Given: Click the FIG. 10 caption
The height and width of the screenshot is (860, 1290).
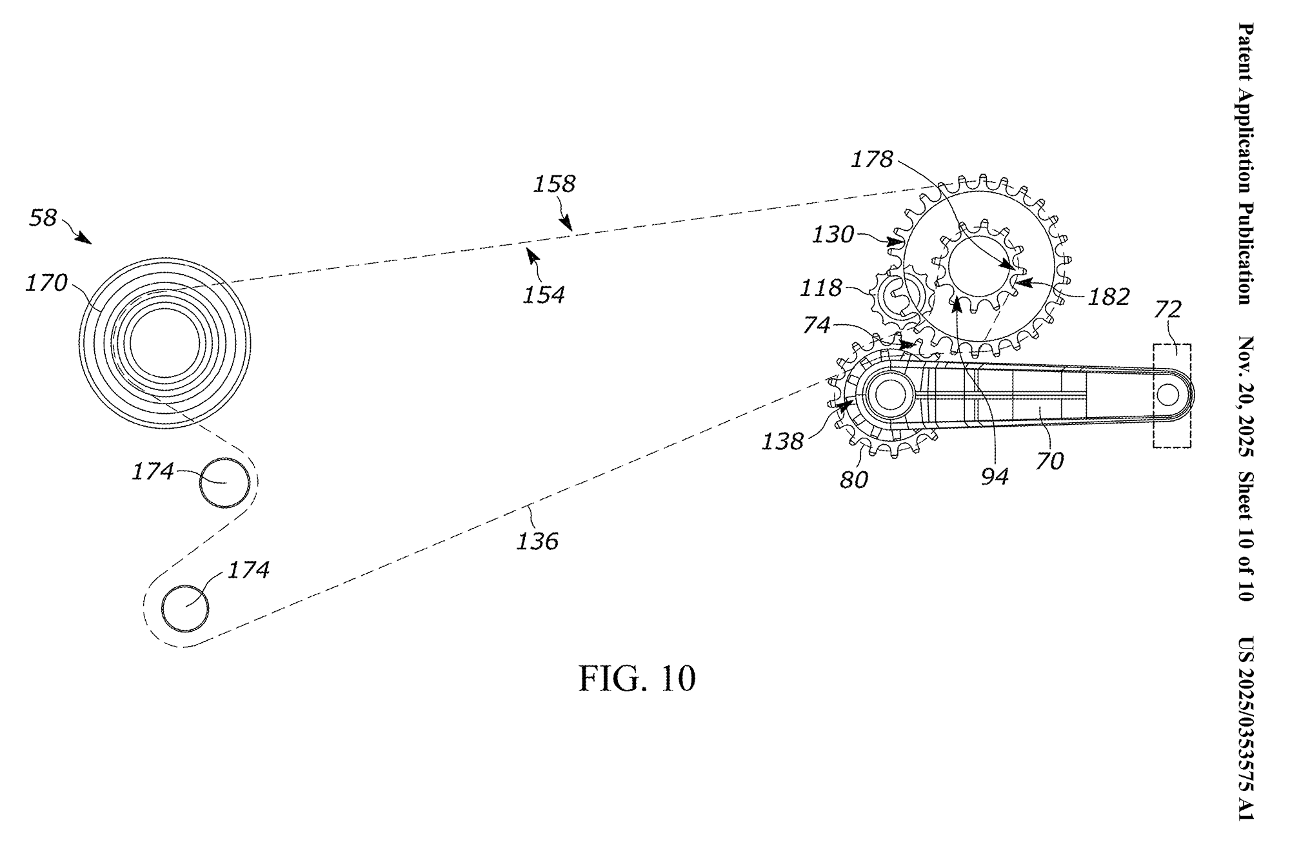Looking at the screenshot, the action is pos(637,679).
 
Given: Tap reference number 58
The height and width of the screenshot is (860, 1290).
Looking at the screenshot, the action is pos(43,218).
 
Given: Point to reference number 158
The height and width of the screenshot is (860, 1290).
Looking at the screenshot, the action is pos(554,184).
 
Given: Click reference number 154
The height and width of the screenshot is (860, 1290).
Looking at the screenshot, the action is pos(544,295).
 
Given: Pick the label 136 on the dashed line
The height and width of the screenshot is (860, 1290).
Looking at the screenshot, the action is pos(537,540).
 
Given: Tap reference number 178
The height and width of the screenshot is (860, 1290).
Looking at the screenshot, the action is pos(872,159).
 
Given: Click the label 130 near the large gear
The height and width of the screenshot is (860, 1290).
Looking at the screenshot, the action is pos(833,235).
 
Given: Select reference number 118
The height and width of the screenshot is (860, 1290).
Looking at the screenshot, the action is pos(821,288).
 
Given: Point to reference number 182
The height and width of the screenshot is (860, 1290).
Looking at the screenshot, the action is pos(1109,297).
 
